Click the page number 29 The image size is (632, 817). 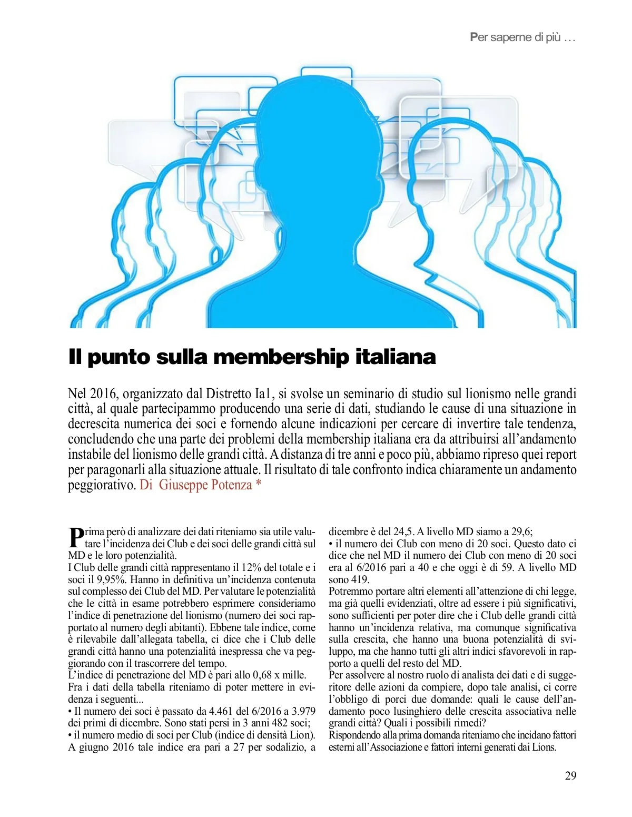(x=570, y=775)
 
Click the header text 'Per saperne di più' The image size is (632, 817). (x=515, y=37)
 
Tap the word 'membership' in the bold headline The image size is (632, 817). (x=281, y=357)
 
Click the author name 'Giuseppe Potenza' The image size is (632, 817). (x=205, y=485)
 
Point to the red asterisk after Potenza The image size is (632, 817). (x=259, y=484)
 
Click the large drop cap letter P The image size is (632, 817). (x=76, y=537)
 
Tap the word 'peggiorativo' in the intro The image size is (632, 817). (x=102, y=485)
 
